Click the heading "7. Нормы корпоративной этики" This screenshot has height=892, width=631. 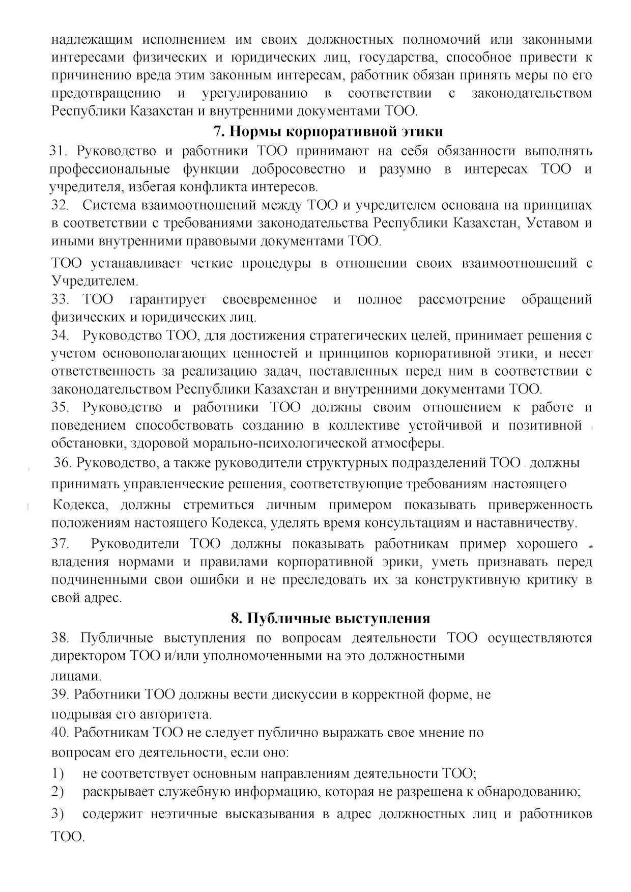click(328, 131)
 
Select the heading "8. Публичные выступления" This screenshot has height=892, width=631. click(330, 618)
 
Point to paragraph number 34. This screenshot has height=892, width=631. click(60, 336)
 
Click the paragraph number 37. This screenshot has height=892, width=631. click(60, 544)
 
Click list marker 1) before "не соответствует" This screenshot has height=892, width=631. click(58, 773)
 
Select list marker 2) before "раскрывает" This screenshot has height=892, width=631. click(58, 792)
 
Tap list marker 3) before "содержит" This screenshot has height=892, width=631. click(58, 814)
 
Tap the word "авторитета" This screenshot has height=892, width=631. click(177, 714)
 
